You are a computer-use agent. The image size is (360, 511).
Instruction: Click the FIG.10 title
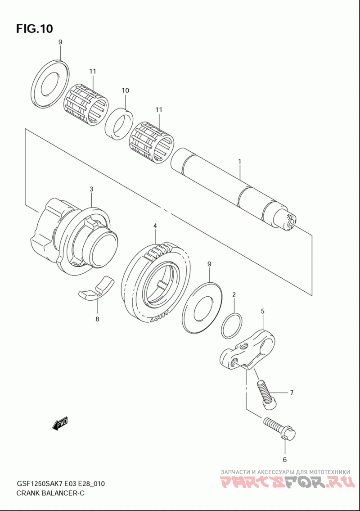pyautogui.click(x=34, y=29)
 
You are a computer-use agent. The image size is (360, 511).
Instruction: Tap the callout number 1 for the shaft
pyautogui.click(x=239, y=161)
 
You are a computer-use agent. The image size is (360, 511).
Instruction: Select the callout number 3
pyautogui.click(x=91, y=189)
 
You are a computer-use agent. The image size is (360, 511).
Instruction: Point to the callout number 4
pyautogui.click(x=155, y=226)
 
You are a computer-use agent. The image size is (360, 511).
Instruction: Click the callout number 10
pyautogui.click(x=126, y=90)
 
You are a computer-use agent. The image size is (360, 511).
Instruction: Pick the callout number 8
pyautogui.click(x=97, y=319)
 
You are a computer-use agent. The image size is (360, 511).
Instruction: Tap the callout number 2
pyautogui.click(x=234, y=295)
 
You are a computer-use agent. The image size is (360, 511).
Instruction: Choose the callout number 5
pyautogui.click(x=263, y=312)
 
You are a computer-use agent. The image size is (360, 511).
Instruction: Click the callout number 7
pyautogui.click(x=292, y=393)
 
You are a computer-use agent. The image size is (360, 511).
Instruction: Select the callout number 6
pyautogui.click(x=284, y=460)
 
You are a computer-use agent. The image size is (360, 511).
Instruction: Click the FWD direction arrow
pyautogui.click(x=59, y=424)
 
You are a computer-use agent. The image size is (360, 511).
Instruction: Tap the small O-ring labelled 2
pyautogui.click(x=232, y=326)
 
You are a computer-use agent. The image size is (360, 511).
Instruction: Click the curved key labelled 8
pyautogui.click(x=96, y=288)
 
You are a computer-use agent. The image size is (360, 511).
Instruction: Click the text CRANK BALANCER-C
pyautogui.click(x=50, y=493)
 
